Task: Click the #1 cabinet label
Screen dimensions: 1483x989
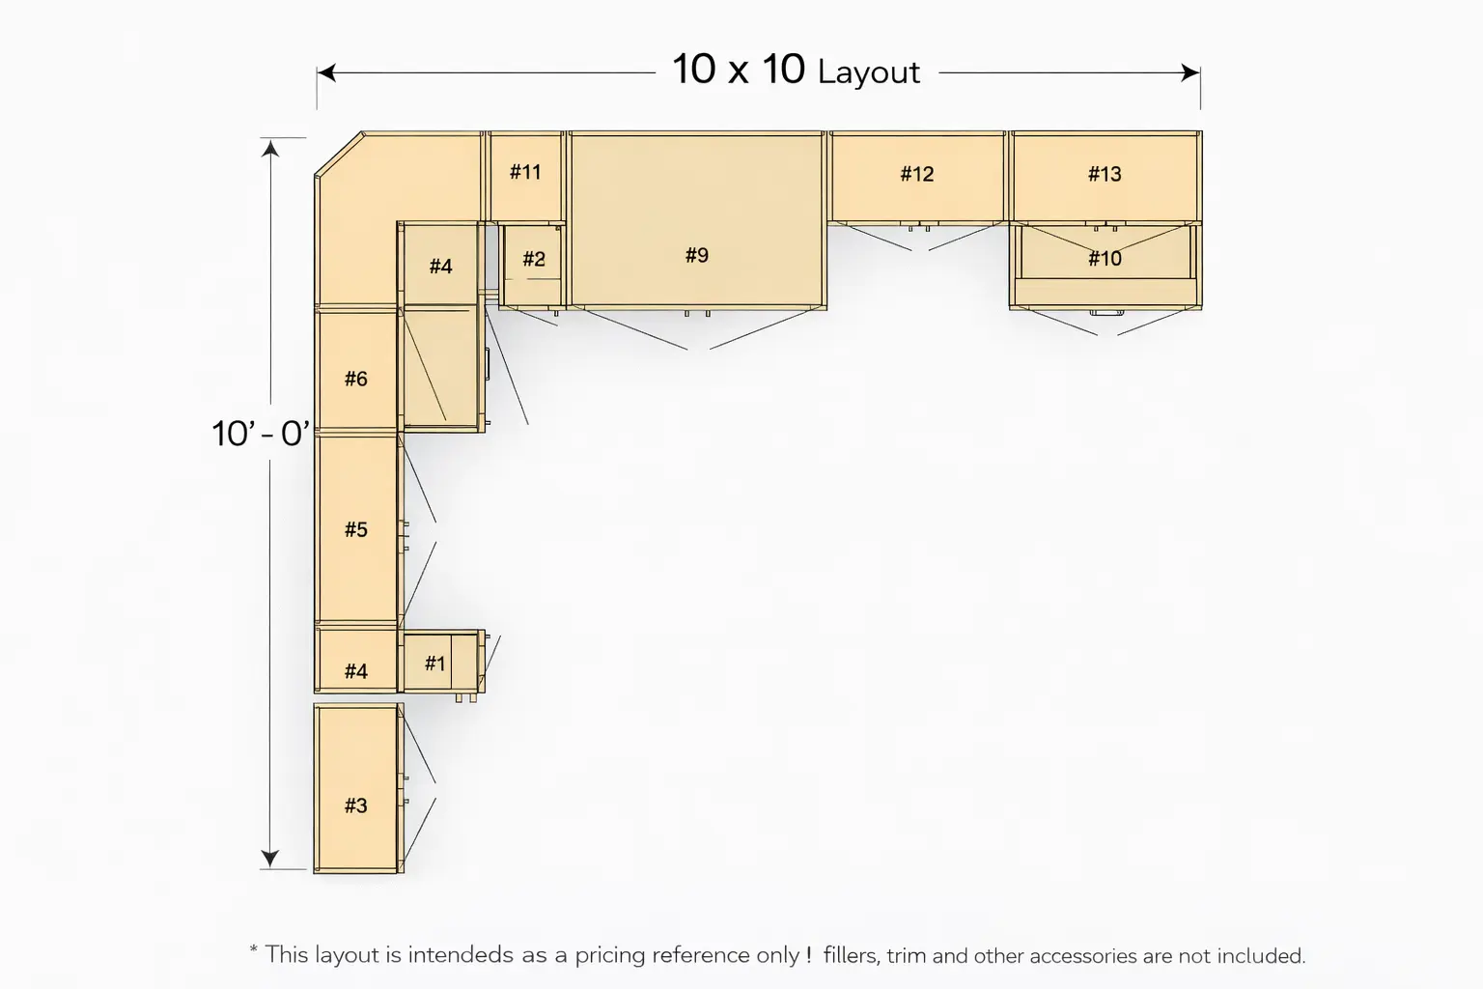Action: [435, 664]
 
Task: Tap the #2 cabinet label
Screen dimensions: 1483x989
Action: [534, 258]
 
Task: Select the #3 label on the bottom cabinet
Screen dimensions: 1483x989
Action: [355, 805]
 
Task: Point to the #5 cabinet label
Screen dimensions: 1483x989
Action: [355, 529]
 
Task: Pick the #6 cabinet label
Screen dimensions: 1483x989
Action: [355, 379]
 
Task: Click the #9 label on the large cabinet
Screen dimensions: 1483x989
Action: [696, 255]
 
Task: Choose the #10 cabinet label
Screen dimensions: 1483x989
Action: [1105, 258]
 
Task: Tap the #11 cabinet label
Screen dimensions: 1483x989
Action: [525, 172]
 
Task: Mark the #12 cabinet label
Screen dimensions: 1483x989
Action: [917, 174]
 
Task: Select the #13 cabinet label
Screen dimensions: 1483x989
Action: [1105, 174]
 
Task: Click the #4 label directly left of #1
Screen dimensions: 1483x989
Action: [355, 671]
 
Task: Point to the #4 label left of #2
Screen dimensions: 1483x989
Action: [440, 267]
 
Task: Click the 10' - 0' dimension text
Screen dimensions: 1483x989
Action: [260, 434]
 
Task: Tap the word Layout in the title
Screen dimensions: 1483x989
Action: [869, 72]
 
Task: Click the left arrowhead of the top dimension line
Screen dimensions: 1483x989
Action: [326, 72]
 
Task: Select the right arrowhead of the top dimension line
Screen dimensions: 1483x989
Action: [1190, 72]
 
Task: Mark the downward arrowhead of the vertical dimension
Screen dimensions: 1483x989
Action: [269, 859]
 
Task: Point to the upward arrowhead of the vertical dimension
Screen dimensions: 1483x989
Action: [269, 149]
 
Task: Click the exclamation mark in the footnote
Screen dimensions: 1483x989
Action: [808, 954]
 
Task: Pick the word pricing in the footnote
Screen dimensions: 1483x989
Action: [609, 956]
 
